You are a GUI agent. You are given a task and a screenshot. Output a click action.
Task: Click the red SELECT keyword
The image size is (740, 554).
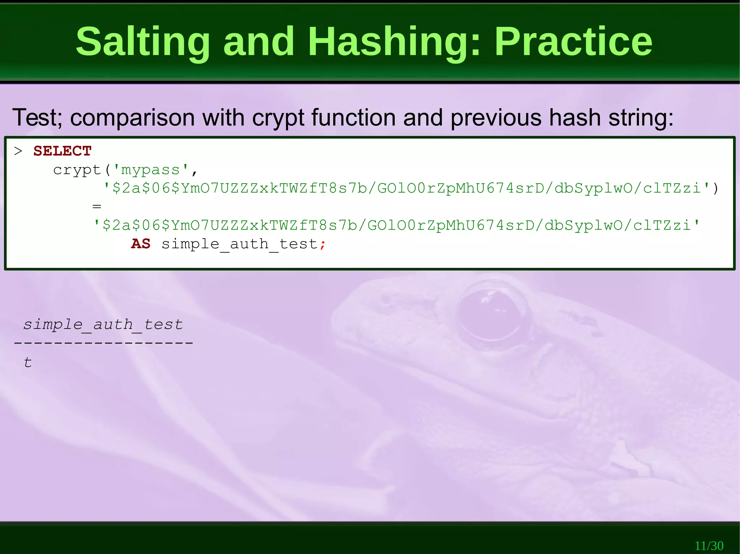point(62,151)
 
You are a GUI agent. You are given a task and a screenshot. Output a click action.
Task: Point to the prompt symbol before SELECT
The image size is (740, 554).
point(18,151)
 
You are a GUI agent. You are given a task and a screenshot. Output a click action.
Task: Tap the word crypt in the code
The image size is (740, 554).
point(77,170)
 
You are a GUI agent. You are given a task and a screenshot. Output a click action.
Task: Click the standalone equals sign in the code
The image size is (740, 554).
point(96,207)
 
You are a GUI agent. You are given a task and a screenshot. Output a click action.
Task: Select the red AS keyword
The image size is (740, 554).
point(141,244)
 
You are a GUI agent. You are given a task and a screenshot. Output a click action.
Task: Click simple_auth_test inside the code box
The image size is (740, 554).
point(239,244)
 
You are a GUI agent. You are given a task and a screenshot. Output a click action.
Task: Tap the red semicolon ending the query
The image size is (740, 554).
point(323,245)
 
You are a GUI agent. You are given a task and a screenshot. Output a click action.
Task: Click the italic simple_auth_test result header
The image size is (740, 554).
point(103,324)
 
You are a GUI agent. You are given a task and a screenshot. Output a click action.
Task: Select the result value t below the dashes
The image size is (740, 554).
point(28,362)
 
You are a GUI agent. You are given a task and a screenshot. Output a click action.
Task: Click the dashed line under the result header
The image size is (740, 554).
point(103,342)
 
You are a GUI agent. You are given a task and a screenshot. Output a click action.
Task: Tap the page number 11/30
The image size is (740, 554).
point(709,545)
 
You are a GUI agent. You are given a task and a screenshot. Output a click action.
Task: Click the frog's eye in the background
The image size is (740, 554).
point(493,314)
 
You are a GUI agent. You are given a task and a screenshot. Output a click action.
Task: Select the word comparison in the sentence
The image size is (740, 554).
point(132,118)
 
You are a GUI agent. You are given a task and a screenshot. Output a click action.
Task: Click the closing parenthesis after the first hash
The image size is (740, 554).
point(715,188)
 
